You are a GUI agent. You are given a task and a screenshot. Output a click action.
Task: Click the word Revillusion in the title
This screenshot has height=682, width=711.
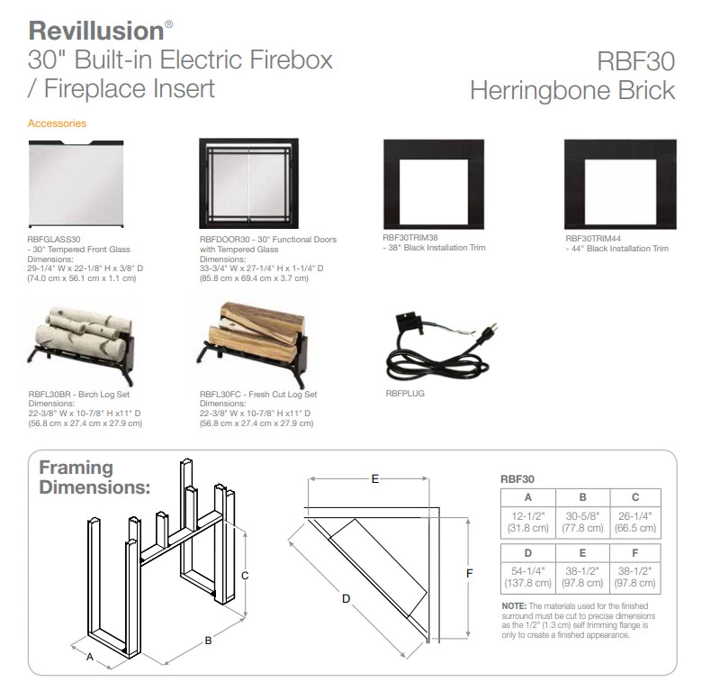(x=95, y=31)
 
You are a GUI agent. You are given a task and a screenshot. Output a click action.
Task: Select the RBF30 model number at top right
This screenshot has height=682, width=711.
(x=635, y=61)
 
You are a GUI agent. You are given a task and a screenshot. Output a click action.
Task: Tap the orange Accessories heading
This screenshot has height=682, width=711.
(x=57, y=123)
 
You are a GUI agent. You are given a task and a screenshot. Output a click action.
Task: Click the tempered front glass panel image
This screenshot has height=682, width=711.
(x=76, y=184)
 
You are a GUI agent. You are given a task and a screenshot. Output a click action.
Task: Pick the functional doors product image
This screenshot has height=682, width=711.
(x=249, y=183)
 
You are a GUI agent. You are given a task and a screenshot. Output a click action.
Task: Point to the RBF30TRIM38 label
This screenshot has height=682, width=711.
(x=410, y=237)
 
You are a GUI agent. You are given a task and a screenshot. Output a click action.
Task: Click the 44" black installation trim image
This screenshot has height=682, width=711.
(x=620, y=184)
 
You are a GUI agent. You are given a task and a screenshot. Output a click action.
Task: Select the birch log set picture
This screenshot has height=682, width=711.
(x=82, y=344)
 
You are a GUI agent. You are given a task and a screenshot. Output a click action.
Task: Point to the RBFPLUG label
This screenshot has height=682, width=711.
(x=405, y=394)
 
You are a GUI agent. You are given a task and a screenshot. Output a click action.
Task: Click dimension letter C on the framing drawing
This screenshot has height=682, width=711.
(x=245, y=576)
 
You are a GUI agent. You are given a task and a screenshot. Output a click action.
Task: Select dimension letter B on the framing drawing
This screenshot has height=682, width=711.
(x=208, y=641)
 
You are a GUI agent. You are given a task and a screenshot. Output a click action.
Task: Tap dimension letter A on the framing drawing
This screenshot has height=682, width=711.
(x=90, y=657)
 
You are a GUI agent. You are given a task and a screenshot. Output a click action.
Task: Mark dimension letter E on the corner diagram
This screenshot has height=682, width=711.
(x=375, y=478)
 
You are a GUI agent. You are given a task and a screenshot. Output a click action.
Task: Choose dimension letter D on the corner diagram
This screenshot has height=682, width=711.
(x=346, y=599)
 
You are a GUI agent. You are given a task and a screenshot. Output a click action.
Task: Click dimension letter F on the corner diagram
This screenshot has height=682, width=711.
(x=469, y=573)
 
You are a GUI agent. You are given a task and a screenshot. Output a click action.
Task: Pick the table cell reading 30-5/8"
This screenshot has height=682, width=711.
(x=582, y=523)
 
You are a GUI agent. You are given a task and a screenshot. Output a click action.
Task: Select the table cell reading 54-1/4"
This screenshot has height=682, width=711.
(x=527, y=577)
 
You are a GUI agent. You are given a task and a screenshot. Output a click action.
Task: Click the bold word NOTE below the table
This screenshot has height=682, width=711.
(x=514, y=606)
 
